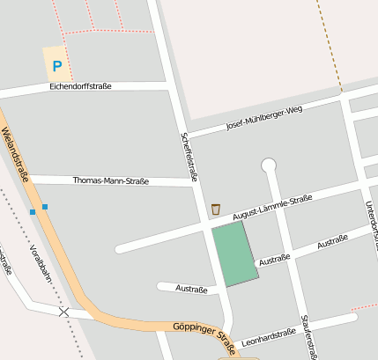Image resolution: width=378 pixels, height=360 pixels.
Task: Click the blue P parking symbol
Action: tap(57, 65)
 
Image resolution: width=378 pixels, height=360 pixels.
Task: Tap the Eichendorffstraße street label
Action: tap(80, 86)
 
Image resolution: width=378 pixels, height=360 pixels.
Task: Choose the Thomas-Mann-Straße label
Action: tap(110, 180)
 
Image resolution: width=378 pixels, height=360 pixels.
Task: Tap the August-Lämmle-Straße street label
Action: tap(273, 207)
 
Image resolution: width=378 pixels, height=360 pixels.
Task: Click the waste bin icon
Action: tap(216, 209)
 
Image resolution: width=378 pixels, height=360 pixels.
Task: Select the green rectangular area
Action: tap(234, 253)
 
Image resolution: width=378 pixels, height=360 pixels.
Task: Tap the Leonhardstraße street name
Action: tap(268, 336)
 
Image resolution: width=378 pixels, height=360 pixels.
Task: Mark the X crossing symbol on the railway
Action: tap(63, 312)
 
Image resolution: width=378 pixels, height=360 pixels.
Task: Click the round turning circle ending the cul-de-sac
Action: tap(269, 165)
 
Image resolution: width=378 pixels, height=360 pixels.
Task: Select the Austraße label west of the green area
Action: tap(191, 288)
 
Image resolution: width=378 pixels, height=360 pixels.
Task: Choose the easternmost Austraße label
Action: tap(332, 239)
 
